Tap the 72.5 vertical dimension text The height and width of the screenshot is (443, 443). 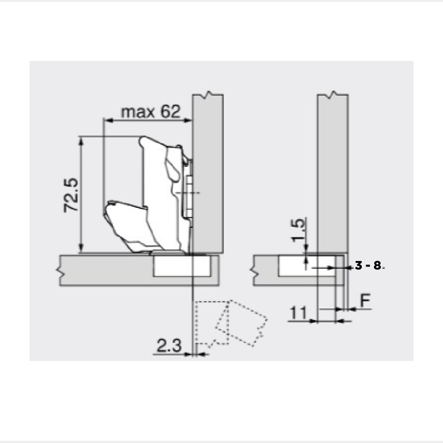pyautogui.click(x=71, y=195)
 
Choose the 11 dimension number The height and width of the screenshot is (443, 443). pyautogui.click(x=298, y=313)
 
